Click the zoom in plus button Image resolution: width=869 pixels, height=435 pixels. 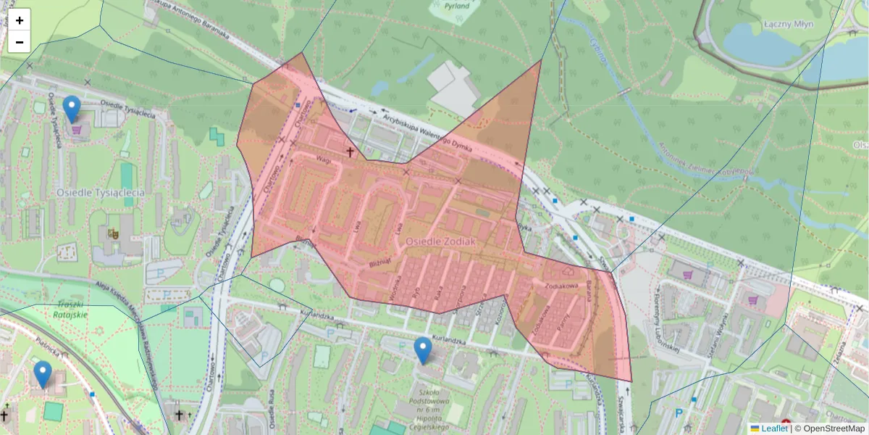[x=20, y=20]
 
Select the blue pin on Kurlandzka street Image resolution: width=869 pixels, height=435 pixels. [x=423, y=350]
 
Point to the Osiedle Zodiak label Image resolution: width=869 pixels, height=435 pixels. [x=440, y=240]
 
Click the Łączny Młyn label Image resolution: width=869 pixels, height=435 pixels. [x=789, y=24]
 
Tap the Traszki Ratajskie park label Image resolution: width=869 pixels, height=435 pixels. [x=70, y=310]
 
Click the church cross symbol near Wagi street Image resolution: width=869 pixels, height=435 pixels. [x=350, y=152]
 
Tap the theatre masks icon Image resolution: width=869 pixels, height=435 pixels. [x=113, y=234]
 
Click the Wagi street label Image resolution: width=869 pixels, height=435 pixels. [x=322, y=159]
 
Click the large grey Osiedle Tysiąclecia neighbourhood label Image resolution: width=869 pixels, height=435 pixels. [x=100, y=193]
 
